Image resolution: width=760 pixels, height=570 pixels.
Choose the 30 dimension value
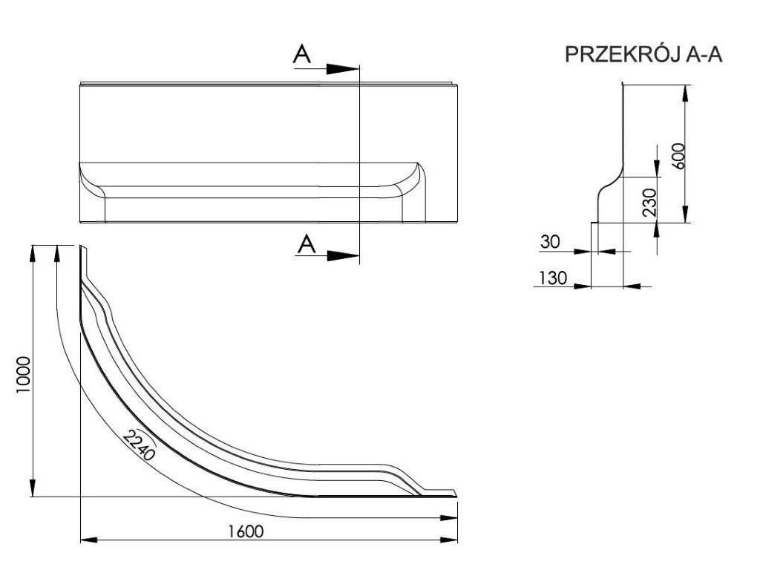[551, 242]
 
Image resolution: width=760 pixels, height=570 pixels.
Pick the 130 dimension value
[554, 278]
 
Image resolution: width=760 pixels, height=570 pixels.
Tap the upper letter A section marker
[301, 54]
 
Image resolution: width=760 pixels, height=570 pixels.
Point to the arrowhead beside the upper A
[343, 68]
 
